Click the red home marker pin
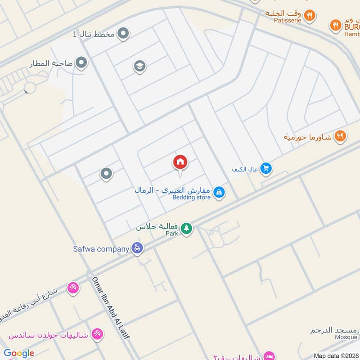pos(180,162)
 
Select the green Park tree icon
pos(186,229)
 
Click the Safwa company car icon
pos(138,248)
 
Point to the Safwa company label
pos(102,248)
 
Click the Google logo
pos(18,353)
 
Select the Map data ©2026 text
pos(335,355)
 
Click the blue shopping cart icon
pos(266,168)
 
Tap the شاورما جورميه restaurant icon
pos(341,135)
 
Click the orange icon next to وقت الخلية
pos(309,15)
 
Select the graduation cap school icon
pos(139,67)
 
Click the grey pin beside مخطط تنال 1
pos(123,33)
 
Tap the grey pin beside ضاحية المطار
pos(81,63)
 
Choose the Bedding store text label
pos(191,198)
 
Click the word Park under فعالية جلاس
pos(172,234)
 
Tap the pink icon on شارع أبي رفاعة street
pos(73,287)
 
